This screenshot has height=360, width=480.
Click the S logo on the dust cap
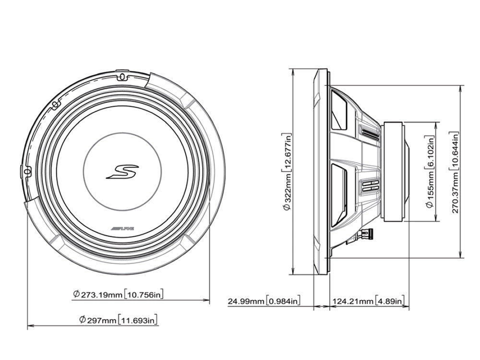[x=122, y=171]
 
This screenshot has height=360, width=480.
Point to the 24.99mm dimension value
[x=245, y=301]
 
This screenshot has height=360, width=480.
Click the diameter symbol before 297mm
[x=83, y=319]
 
